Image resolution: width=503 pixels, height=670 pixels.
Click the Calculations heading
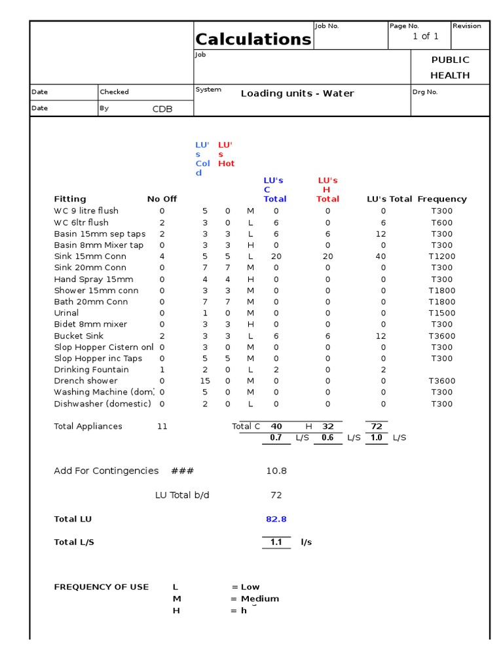coord(253,39)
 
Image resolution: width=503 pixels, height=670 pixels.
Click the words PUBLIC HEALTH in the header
coord(450,67)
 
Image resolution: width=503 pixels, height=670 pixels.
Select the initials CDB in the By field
coord(162,109)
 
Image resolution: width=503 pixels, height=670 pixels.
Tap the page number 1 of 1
coord(425,37)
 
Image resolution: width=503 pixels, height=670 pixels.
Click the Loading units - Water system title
coord(297,94)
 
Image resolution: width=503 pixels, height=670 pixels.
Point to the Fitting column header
coord(70,199)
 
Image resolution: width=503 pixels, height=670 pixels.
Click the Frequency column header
coord(442,199)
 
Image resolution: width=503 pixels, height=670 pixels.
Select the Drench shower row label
coord(86,381)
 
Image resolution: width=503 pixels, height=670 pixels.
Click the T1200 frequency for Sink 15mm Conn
coord(441,256)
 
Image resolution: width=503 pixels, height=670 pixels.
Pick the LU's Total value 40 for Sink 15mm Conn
coord(381,256)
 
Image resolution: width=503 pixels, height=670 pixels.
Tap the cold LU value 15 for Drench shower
coord(205,381)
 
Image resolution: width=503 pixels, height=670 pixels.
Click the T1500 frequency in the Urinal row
coord(441,313)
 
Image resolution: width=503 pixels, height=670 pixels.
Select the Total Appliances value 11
coord(162,427)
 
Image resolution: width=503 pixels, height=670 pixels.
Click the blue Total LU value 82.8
coord(276,520)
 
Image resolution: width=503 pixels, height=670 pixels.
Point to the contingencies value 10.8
coord(276,471)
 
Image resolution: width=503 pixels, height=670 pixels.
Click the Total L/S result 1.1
coord(276,542)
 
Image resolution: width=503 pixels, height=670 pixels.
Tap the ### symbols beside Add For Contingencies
coord(182,471)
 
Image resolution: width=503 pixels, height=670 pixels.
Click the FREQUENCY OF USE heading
coord(102,587)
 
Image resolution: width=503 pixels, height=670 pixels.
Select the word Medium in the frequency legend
coord(260,599)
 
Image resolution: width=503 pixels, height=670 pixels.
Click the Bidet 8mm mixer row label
coord(90,325)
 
